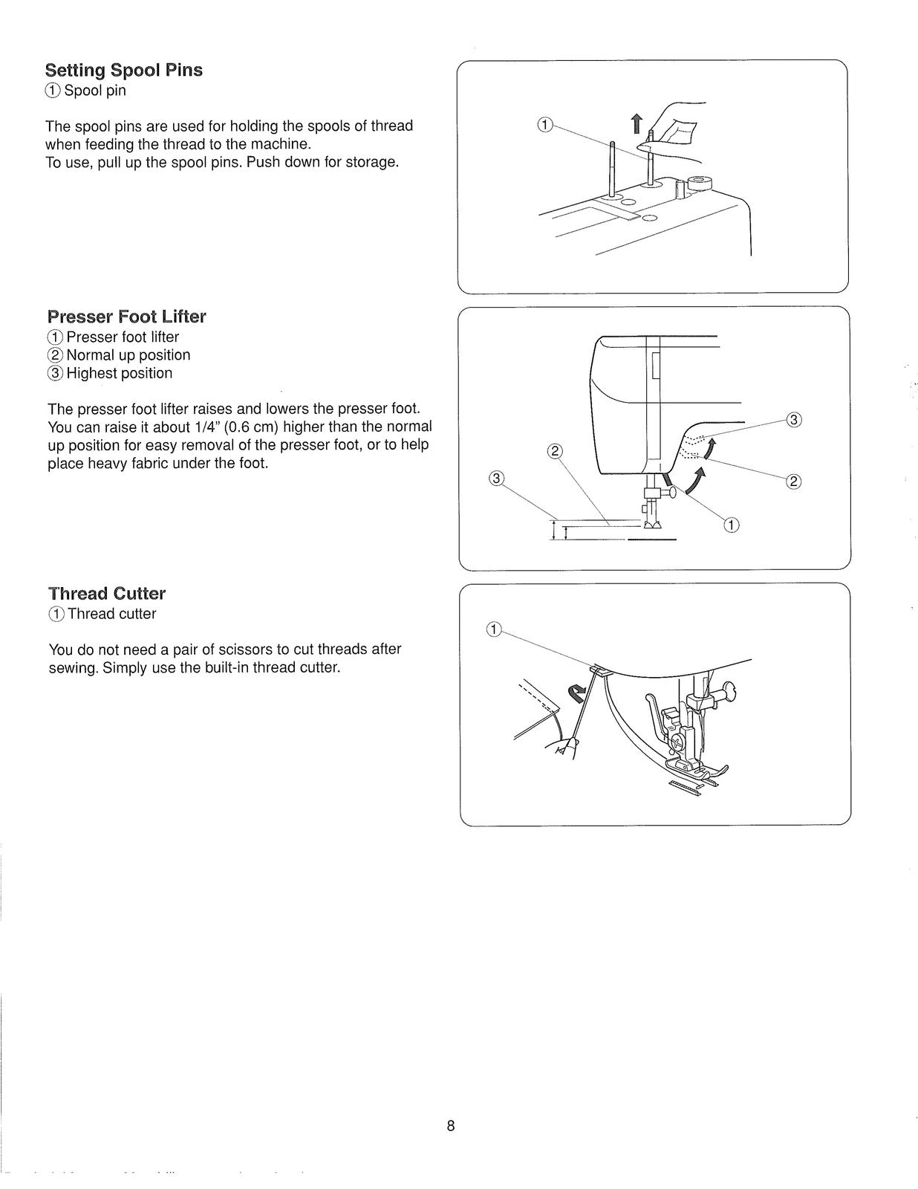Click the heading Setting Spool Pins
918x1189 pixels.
123,71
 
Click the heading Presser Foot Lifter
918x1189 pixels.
126,317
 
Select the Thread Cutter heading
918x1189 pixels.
107,594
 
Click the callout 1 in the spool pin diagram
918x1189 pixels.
544,125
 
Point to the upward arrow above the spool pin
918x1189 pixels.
636,123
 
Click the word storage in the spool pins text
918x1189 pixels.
371,162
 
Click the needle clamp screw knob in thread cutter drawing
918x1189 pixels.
730,692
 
